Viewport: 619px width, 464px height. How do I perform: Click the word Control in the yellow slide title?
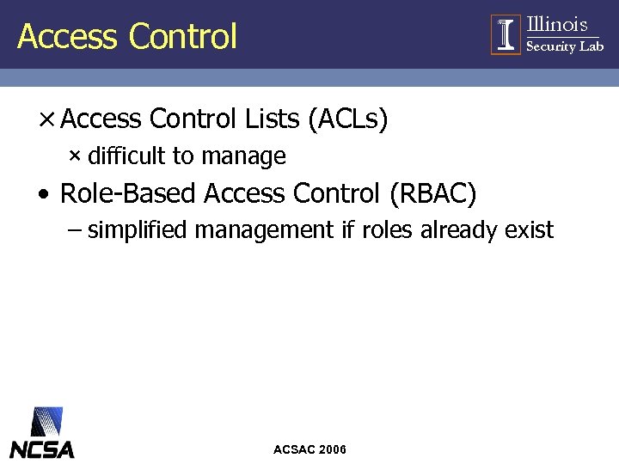[x=182, y=36]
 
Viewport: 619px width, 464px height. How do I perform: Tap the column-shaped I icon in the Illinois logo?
[x=506, y=34]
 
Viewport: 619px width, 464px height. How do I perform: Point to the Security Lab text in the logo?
[x=564, y=46]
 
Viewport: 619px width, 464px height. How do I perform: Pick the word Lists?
[x=273, y=119]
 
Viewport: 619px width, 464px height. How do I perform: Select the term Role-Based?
[x=129, y=194]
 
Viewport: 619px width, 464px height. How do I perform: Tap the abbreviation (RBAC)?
[x=432, y=194]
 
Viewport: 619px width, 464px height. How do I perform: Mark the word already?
[x=458, y=230]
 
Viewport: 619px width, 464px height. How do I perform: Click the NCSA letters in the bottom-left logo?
[x=42, y=449]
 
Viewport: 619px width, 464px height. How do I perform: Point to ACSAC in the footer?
[x=293, y=449]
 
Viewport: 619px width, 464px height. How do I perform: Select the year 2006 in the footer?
[x=332, y=449]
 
